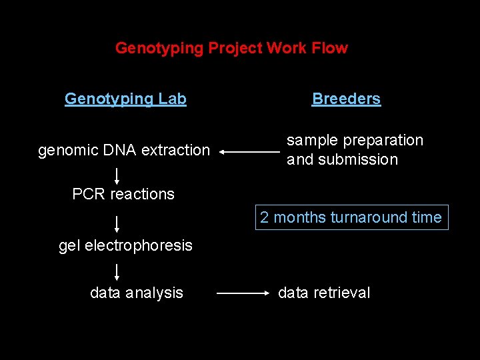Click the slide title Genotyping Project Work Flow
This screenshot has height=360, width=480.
[231, 48]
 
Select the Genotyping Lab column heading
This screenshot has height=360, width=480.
[125, 99]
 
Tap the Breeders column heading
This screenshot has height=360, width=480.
[346, 99]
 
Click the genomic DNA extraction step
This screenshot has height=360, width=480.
[124, 151]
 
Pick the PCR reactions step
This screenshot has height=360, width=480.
[123, 194]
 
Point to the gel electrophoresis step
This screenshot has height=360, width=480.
[125, 245]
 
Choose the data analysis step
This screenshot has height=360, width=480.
[137, 293]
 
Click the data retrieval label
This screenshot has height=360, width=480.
[324, 293]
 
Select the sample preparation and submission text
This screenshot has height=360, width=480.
[355, 150]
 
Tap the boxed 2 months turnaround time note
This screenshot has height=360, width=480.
[351, 217]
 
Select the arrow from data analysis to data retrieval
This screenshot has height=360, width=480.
[243, 293]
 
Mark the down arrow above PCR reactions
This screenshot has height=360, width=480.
[117, 175]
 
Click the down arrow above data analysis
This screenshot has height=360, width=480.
[117, 271]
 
